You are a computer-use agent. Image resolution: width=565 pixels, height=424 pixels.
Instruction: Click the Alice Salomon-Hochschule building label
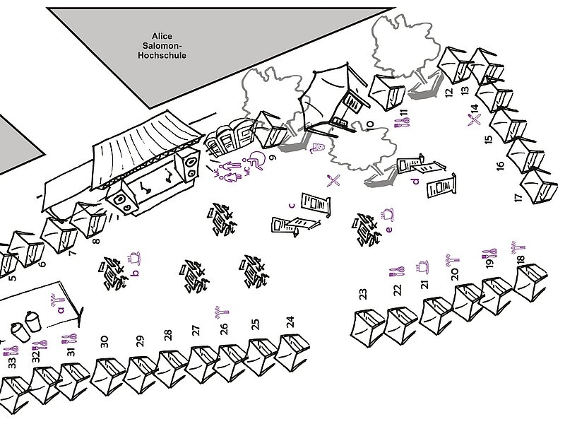[162, 46]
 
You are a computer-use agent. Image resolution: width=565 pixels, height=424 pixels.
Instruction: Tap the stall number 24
[290, 322]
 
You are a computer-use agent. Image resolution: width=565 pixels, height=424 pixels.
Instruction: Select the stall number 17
[518, 198]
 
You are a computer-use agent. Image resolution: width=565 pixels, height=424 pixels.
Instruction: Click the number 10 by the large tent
[370, 124]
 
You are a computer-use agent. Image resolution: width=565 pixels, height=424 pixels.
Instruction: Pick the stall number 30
[105, 342]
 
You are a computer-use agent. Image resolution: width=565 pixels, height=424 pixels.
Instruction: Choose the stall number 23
[363, 294]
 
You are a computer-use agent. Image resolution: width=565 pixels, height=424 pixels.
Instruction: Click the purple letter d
[417, 181]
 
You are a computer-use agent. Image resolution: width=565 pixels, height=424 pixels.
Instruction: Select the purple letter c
[292, 206]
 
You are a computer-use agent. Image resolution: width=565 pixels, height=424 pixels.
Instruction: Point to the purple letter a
[61, 310]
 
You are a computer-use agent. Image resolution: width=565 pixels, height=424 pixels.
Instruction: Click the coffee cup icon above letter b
[134, 259]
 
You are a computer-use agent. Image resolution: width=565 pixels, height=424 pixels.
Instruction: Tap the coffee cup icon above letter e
[387, 214]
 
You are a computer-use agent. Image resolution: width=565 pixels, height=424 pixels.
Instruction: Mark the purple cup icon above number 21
[422, 267]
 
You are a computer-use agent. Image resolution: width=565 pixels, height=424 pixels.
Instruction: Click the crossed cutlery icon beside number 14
[475, 119]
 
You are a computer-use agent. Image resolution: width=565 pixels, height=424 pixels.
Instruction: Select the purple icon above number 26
[222, 312]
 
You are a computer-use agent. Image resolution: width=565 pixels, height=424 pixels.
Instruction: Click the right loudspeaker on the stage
[189, 165]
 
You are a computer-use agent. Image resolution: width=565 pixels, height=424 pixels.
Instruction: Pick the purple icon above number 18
[518, 248]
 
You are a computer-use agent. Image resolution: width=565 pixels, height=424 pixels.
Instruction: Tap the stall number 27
[196, 331]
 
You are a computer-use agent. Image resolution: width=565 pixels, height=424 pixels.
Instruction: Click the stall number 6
[42, 264]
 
